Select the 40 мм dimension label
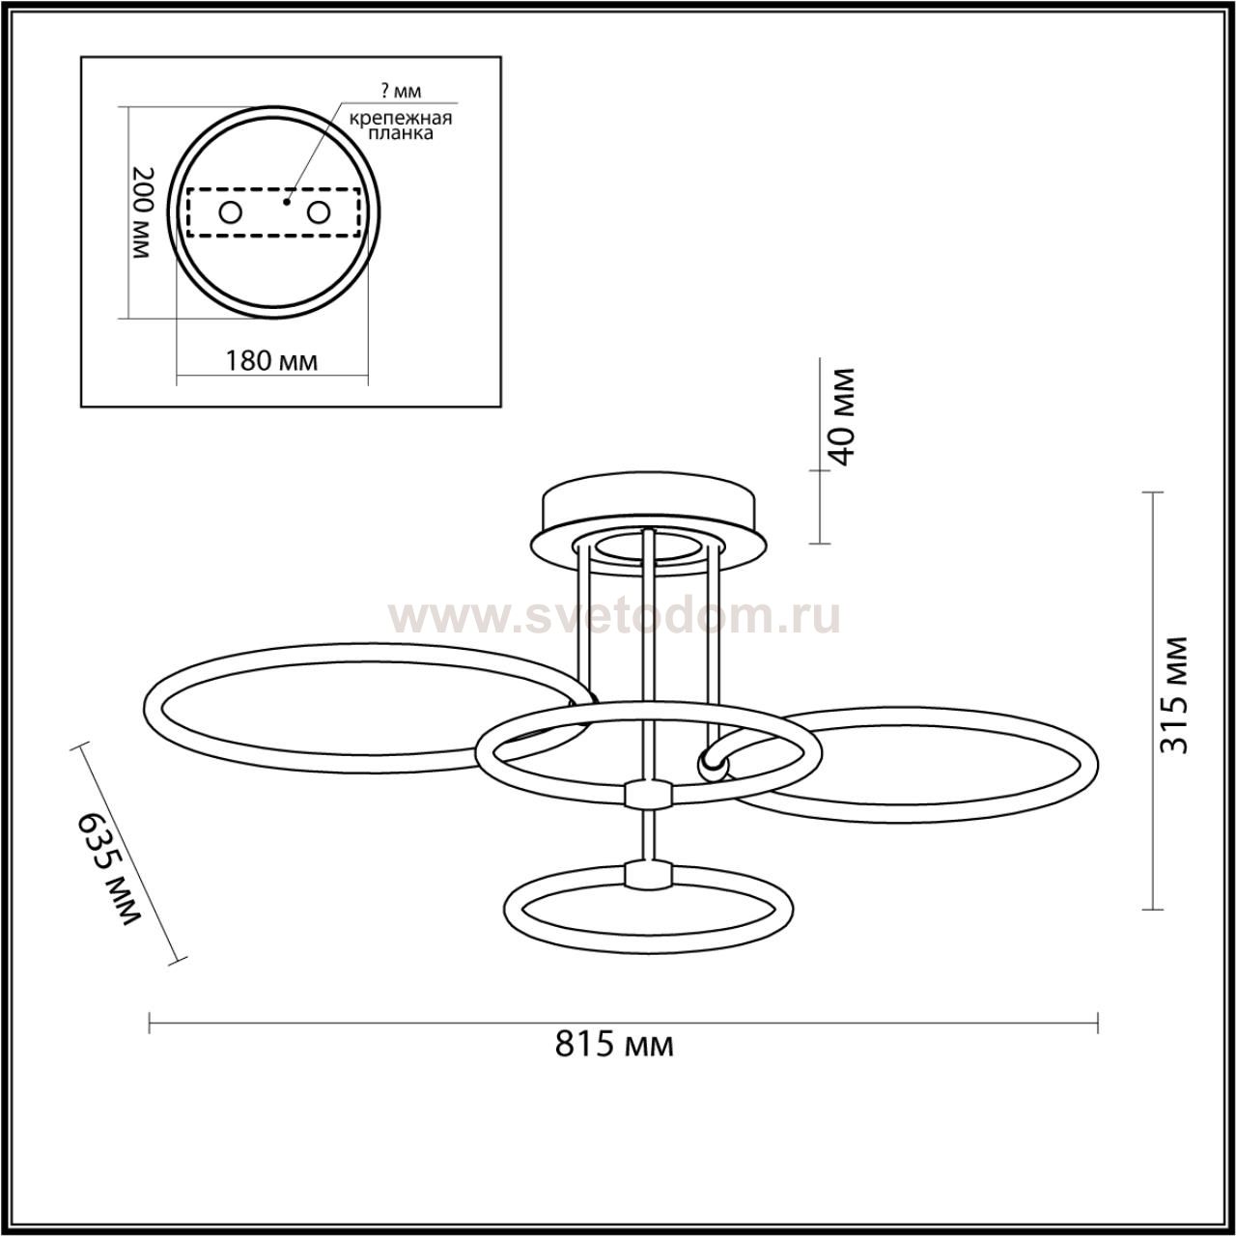pyautogui.click(x=841, y=416)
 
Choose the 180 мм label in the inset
pyautogui.click(x=271, y=361)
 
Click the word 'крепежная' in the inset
pyautogui.click(x=401, y=119)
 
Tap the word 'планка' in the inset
pyautogui.click(x=401, y=133)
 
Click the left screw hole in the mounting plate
pyautogui.click(x=230, y=212)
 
